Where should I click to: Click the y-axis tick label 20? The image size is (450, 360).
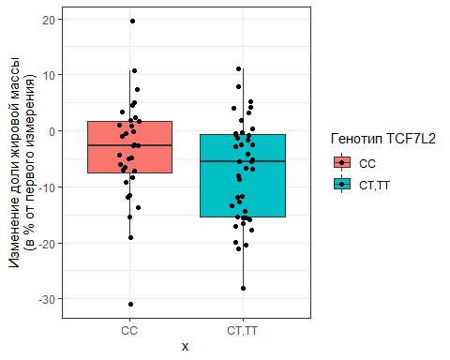pyautogui.click(x=49, y=20)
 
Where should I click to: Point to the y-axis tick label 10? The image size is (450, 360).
pyautogui.click(x=49, y=75)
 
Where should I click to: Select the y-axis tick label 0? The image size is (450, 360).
pyautogui.click(x=52, y=131)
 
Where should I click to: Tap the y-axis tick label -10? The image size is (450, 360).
pyautogui.click(x=47, y=187)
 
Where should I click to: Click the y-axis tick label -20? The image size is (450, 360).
pyautogui.click(x=47, y=244)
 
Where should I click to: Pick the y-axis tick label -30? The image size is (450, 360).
pyautogui.click(x=47, y=299)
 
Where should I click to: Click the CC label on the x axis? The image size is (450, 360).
pyautogui.click(x=129, y=331)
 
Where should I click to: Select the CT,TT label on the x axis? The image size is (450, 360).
pyautogui.click(x=243, y=331)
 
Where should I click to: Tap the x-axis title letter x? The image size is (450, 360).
pyautogui.click(x=186, y=347)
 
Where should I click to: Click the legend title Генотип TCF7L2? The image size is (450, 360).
pyautogui.click(x=383, y=139)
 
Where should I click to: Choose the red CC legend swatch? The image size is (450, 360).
pyautogui.click(x=342, y=162)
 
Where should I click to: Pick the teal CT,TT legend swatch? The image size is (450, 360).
pyautogui.click(x=342, y=185)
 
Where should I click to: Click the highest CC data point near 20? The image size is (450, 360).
pyautogui.click(x=132, y=22)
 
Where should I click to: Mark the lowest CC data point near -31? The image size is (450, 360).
pyautogui.click(x=130, y=304)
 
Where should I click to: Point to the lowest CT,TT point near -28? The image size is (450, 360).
pyautogui.click(x=243, y=288)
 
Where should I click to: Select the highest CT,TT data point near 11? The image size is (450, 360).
pyautogui.click(x=238, y=68)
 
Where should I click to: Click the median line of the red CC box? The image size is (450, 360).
pyautogui.click(x=129, y=145)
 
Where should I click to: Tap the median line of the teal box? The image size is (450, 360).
pyautogui.click(x=243, y=161)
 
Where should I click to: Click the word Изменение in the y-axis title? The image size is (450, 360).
pyautogui.click(x=14, y=240)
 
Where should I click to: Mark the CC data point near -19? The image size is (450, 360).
pyautogui.click(x=130, y=238)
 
